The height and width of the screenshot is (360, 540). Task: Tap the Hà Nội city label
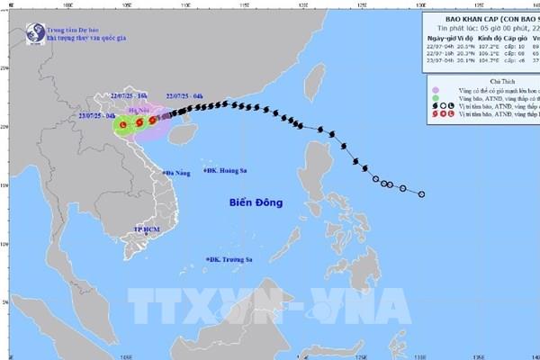click(142, 108)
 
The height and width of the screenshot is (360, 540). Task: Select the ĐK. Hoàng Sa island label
click(228, 170)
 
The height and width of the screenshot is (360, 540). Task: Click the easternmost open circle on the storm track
click(421, 193)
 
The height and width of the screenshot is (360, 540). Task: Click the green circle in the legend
click(435, 99)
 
